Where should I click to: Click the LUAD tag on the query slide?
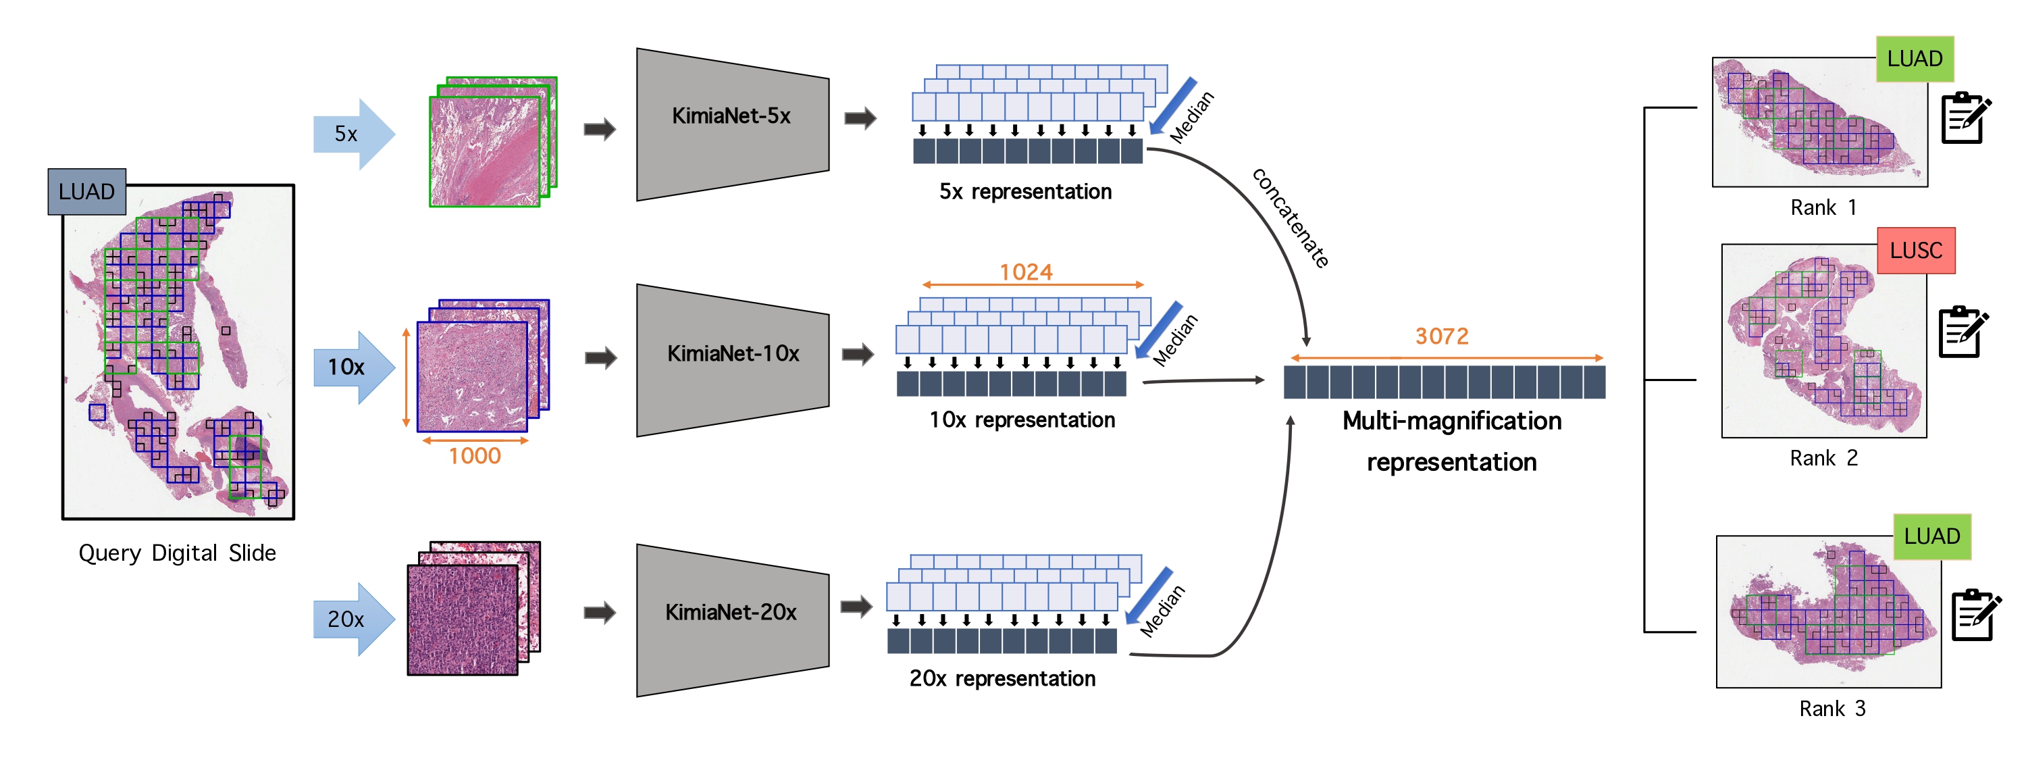(86, 192)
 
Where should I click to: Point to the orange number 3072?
(1442, 336)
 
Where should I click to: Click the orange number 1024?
(1026, 272)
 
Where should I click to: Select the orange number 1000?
(474, 456)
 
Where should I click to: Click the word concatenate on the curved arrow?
(1291, 218)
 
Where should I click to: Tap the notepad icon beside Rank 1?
(1965, 118)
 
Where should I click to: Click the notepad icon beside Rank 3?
(1975, 615)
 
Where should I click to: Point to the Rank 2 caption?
(1823, 459)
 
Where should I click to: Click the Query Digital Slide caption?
(177, 553)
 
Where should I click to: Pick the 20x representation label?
(1002, 679)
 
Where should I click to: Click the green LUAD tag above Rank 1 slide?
(1915, 59)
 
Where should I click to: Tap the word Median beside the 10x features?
(1175, 340)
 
